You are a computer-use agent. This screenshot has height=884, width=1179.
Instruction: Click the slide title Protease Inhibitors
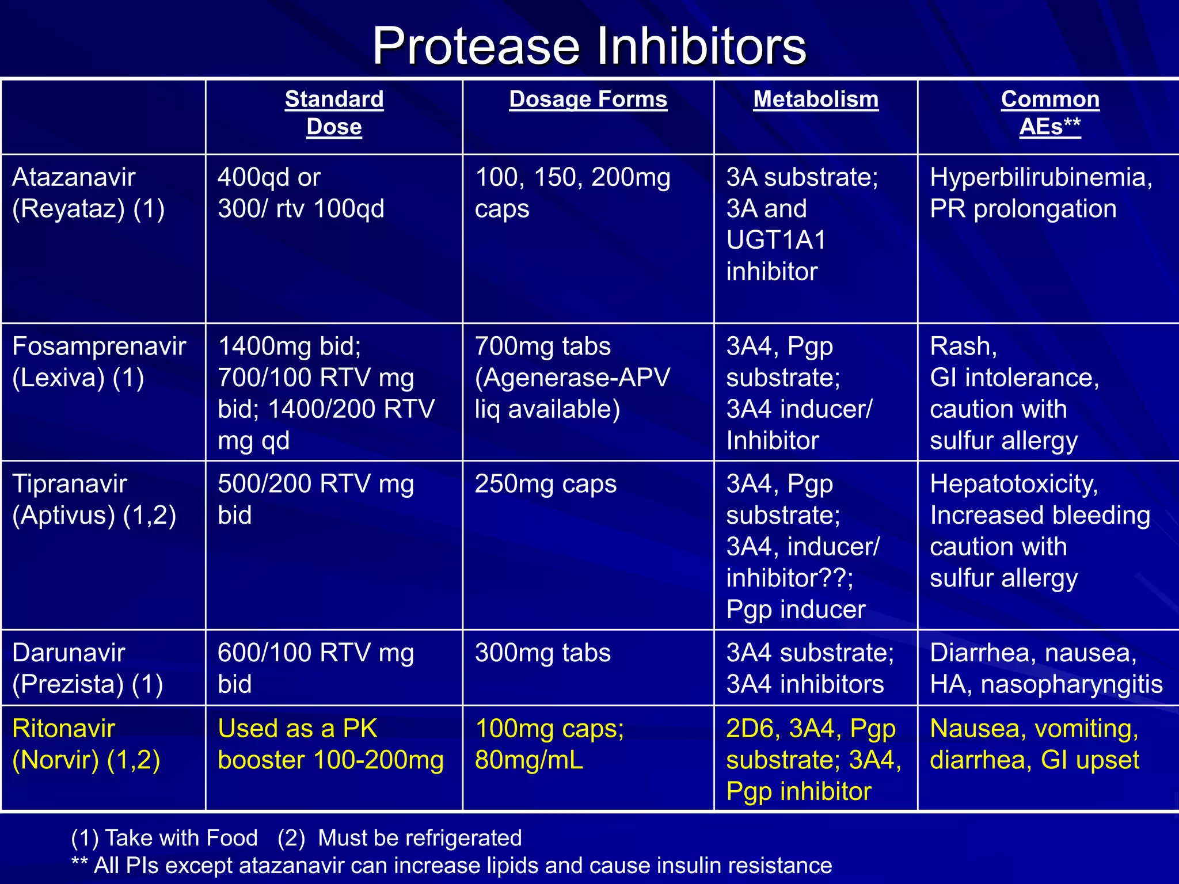click(x=589, y=46)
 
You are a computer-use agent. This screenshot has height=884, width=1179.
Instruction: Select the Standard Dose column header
click(x=334, y=113)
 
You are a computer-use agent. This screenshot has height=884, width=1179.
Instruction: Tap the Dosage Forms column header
click(x=588, y=100)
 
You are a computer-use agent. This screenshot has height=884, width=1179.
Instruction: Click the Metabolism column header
click(x=816, y=100)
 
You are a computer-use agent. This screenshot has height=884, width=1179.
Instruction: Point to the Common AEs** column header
click(x=1050, y=113)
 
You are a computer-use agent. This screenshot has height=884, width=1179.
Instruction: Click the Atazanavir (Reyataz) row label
click(x=89, y=193)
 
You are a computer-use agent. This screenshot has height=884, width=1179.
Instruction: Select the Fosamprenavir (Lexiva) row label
click(x=99, y=362)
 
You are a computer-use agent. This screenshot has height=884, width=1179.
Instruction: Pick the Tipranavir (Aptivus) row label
click(x=94, y=499)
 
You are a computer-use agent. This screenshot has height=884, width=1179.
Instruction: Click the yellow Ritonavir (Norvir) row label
click(x=86, y=744)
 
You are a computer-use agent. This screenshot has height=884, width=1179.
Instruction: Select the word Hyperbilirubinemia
click(x=1040, y=177)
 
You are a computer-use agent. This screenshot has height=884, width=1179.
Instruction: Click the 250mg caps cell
click(x=545, y=484)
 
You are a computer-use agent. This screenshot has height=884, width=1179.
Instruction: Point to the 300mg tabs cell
click(x=542, y=653)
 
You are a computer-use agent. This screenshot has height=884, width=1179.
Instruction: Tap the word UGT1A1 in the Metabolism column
click(x=775, y=240)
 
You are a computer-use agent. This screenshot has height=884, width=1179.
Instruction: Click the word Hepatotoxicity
click(x=1014, y=484)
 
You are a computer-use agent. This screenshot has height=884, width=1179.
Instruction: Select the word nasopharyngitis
click(x=1071, y=684)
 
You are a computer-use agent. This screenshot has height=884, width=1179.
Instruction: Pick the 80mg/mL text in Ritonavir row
click(x=528, y=760)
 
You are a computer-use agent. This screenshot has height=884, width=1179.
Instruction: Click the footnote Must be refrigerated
click(x=420, y=838)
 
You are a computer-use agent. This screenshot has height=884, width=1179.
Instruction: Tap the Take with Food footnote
click(x=181, y=838)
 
